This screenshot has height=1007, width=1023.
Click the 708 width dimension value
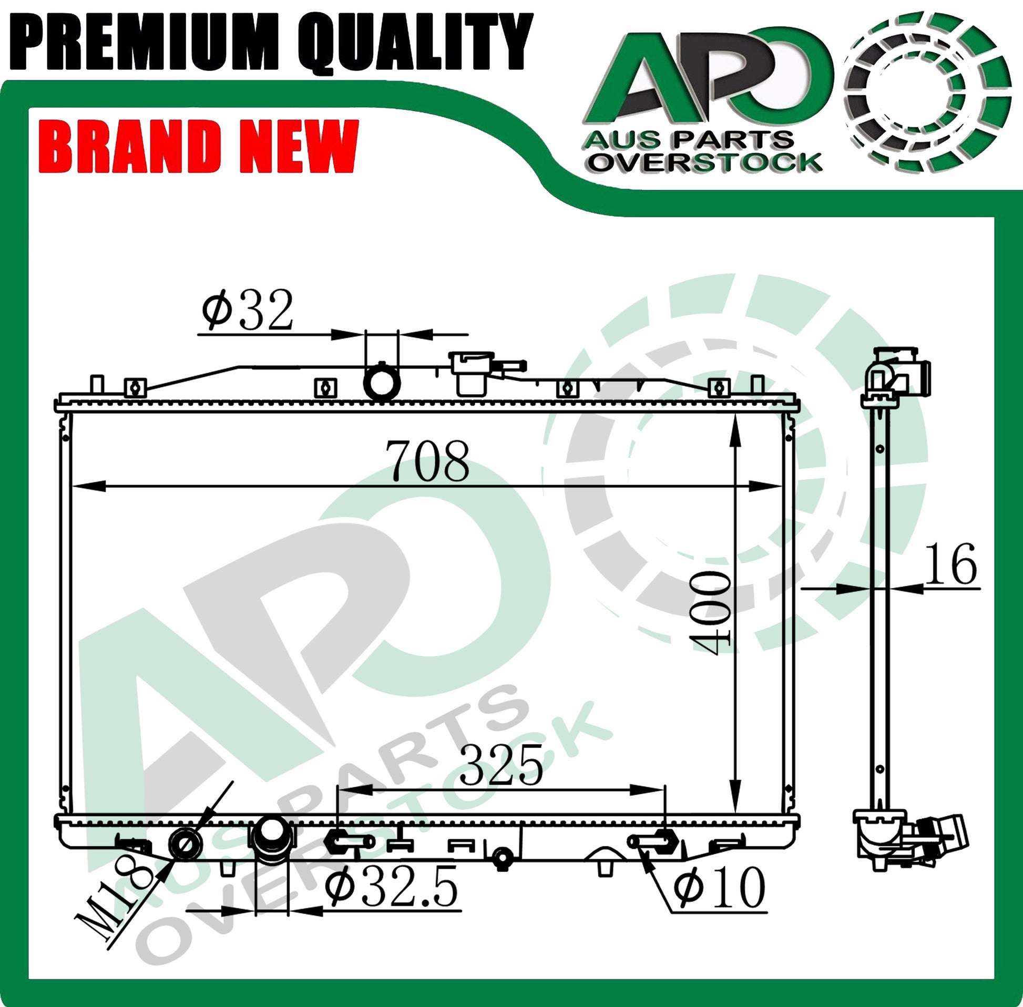(x=429, y=460)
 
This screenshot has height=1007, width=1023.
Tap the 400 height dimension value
(x=710, y=612)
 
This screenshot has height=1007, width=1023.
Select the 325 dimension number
(x=501, y=764)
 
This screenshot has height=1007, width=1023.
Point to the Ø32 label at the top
(x=248, y=310)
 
